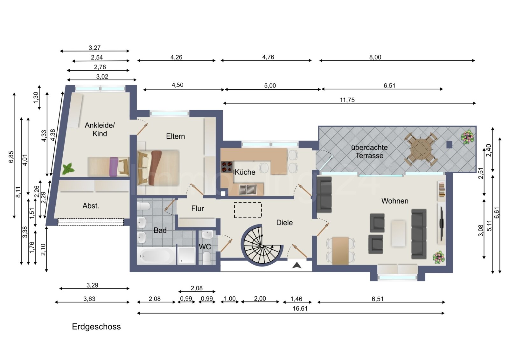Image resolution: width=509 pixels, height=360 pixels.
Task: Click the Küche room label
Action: click(245, 172)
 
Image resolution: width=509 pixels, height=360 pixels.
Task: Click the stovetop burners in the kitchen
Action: click(227, 167)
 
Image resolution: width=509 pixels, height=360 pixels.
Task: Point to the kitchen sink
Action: click(248, 190)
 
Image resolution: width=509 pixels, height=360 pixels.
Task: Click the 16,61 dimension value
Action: click(300, 308)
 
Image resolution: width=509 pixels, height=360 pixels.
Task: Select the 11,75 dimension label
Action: click(347, 100)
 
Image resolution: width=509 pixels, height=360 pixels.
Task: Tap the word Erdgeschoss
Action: click(96, 327)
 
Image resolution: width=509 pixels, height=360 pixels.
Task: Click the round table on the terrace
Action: click(420, 149)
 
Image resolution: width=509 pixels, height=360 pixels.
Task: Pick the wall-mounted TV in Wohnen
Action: click(441, 224)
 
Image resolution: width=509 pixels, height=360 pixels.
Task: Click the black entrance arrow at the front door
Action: click(297, 265)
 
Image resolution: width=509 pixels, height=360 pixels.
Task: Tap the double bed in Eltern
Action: click(158, 168)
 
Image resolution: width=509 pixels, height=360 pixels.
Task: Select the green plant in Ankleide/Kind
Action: click(68, 169)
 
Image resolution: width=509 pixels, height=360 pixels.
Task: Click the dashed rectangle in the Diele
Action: click(248, 210)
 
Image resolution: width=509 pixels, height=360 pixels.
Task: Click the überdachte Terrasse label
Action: click(369, 151)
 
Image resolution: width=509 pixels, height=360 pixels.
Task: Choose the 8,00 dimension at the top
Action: click(375, 57)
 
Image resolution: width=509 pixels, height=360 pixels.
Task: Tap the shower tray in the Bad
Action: click(186, 256)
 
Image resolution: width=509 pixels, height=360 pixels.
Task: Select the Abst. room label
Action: click(91, 206)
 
